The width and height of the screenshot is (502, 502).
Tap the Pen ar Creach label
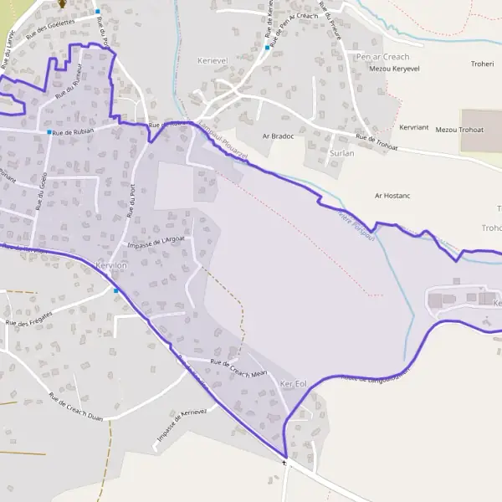point(382,57)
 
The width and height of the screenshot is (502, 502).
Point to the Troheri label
point(483,63)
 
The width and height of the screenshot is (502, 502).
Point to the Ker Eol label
point(294,383)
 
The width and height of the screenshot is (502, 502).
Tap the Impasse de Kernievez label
point(181,425)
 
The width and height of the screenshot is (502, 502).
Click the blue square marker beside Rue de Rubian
point(49,132)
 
